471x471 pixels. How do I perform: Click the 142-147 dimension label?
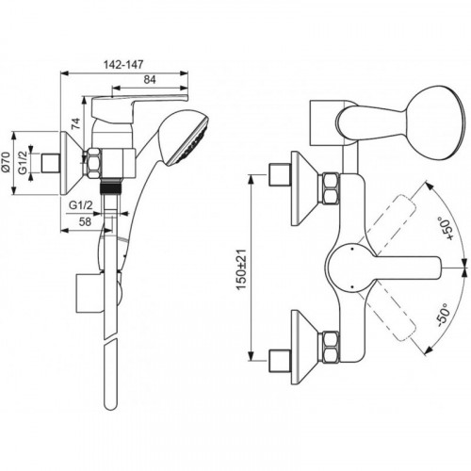click(x=123, y=64)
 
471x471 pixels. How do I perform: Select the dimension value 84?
click(x=150, y=80)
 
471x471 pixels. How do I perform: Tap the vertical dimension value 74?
click(x=75, y=123)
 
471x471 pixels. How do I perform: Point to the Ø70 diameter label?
click(x=7, y=162)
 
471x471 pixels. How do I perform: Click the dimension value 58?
click(x=85, y=221)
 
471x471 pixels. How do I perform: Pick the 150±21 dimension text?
click(x=241, y=269)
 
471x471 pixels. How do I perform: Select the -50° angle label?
click(x=444, y=314)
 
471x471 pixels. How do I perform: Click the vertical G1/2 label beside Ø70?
click(x=23, y=162)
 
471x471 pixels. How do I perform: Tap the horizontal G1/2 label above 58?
click(x=81, y=205)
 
